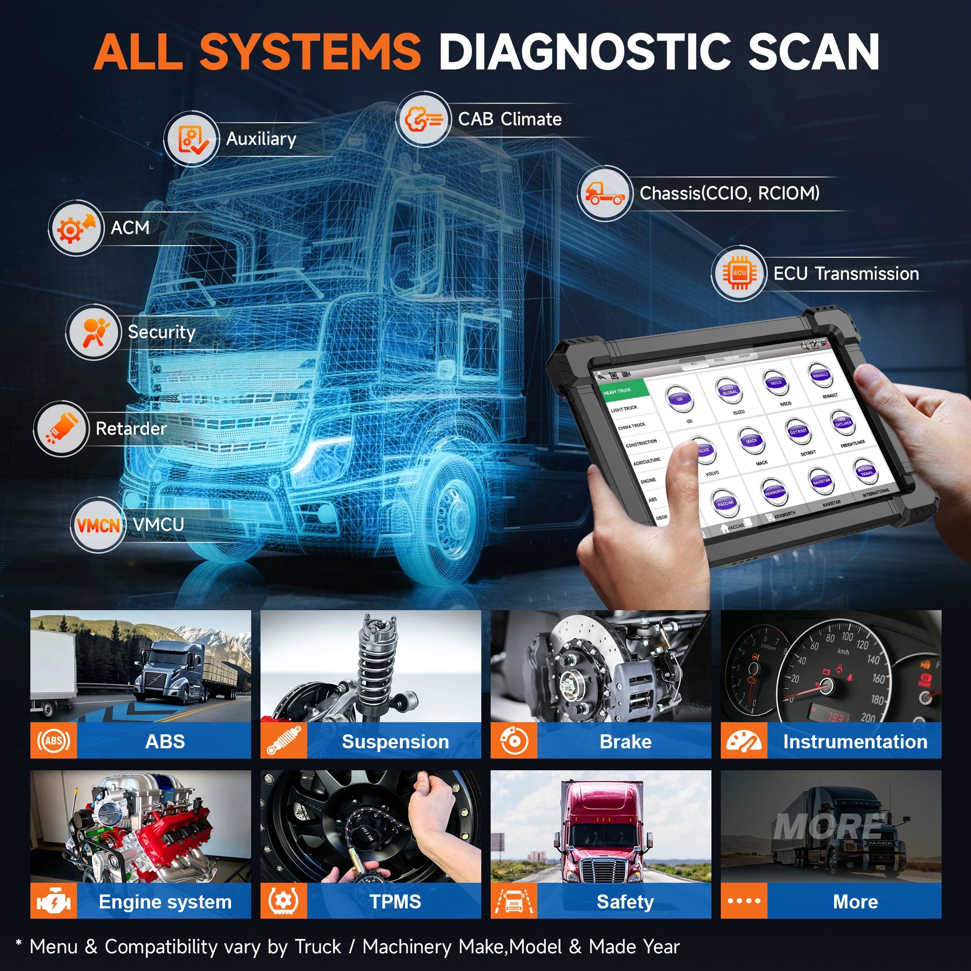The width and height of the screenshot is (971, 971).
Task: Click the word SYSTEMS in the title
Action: click(x=310, y=52)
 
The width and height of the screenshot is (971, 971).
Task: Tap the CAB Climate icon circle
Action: click(x=423, y=119)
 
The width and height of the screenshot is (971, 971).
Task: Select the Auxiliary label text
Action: click(x=261, y=139)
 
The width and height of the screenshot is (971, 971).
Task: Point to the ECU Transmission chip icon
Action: click(x=739, y=274)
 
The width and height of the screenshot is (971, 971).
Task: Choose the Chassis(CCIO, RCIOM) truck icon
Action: click(x=604, y=193)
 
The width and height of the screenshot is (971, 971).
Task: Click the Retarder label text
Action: click(x=131, y=429)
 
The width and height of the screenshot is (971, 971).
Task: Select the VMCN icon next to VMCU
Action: click(x=98, y=525)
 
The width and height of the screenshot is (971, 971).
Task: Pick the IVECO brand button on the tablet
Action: click(x=775, y=383)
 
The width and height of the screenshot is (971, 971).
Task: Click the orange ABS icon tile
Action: click(x=53, y=740)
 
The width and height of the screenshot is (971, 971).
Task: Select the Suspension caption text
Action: click(x=395, y=742)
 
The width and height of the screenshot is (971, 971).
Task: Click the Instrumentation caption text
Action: click(x=855, y=742)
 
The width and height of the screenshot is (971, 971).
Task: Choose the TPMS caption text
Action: click(x=395, y=901)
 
